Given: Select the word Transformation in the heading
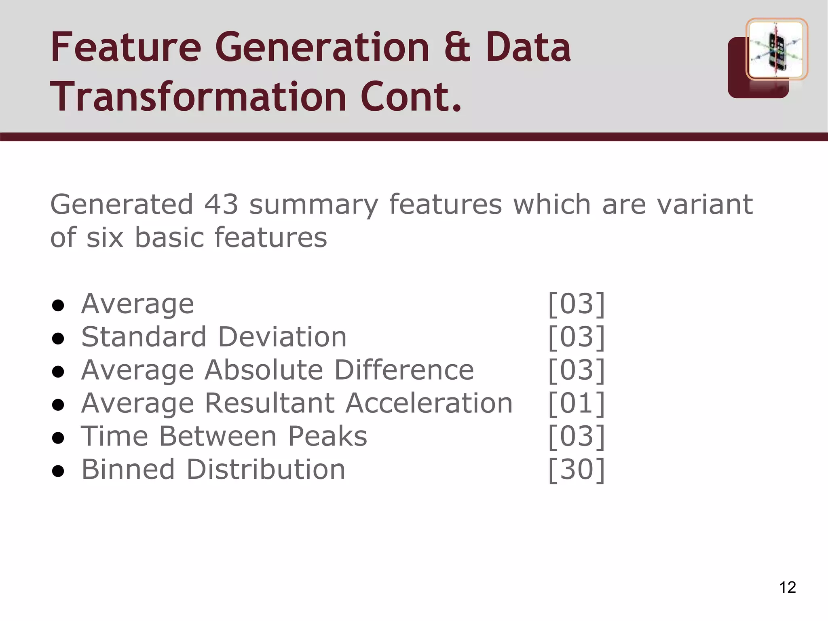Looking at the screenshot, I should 198,97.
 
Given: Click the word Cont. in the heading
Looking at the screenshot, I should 411,97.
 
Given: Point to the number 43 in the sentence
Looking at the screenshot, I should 221,204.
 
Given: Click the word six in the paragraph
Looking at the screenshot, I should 105,237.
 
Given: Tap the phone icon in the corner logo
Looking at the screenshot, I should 776,51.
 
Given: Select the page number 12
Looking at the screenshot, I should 787,587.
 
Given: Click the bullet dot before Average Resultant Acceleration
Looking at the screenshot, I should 58,405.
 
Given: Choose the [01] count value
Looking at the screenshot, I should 577,403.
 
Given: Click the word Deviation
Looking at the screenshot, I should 282,337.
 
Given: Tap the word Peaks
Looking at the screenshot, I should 327,436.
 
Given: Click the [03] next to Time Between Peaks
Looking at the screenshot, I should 577,436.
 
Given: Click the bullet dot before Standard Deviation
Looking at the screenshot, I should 58,338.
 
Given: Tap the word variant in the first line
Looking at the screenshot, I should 705,204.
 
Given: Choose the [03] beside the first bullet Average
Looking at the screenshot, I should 577,304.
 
